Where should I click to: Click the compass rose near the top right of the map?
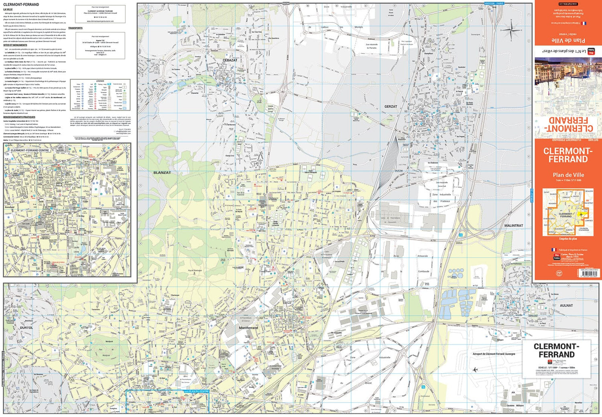pos(511,31)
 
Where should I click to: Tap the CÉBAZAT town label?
pos(230,60)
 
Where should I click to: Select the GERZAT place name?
pos(390,107)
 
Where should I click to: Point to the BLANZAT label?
pos(162,172)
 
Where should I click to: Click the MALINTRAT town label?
pos(513,226)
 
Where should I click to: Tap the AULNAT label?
pos(566,306)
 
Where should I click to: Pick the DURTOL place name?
pos(26,328)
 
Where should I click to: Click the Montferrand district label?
pos(248,328)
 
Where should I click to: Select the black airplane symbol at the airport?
pos(475,370)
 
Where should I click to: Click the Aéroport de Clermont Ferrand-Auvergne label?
pos(494,354)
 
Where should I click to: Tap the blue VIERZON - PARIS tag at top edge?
pos(494,3)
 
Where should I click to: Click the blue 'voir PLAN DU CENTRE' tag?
pos(197,391)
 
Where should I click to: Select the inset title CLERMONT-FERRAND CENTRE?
pos(30,150)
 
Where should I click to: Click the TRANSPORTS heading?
pos(75,28)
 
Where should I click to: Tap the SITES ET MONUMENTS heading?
pos(15,45)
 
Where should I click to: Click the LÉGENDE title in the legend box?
pos(100,81)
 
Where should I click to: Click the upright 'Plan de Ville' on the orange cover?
pos(568,175)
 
